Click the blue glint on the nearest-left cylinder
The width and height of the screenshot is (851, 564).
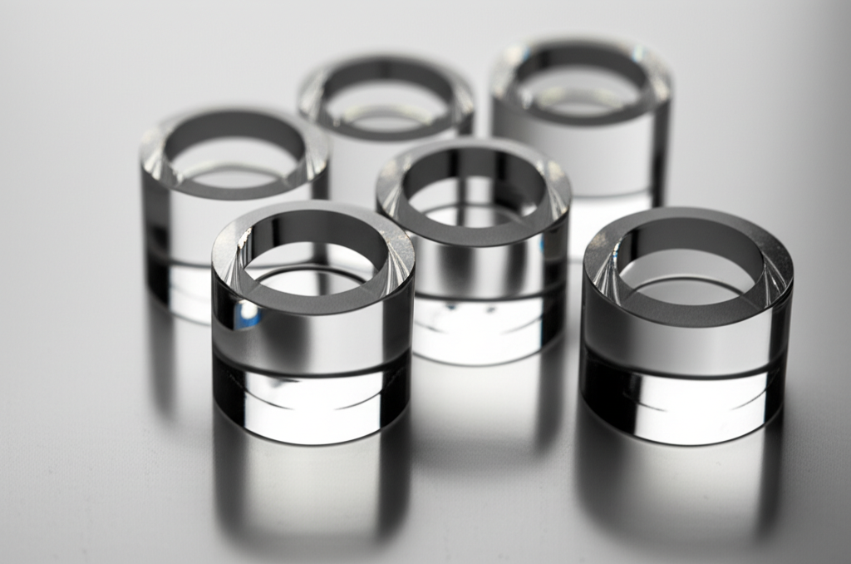pyautogui.click(x=246, y=314)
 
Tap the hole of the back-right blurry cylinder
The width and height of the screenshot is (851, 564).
pyautogui.click(x=582, y=83)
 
